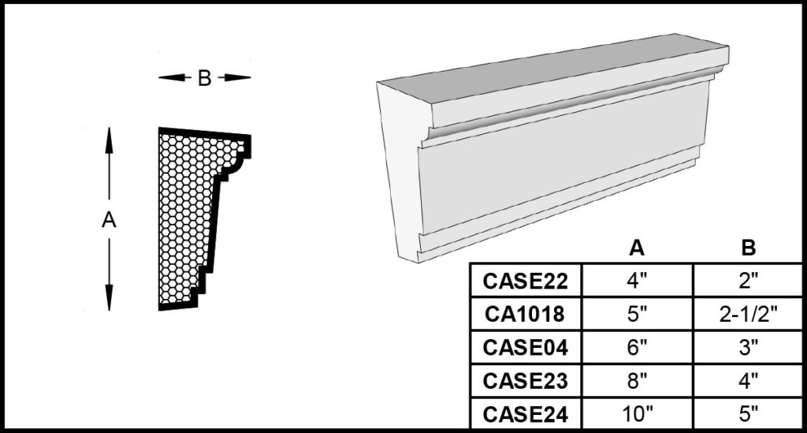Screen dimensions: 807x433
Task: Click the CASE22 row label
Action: click(x=526, y=281)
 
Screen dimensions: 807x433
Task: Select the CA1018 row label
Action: click(x=525, y=314)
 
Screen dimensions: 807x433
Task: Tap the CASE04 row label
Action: click(x=526, y=348)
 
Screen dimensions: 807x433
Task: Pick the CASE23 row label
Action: click(x=526, y=381)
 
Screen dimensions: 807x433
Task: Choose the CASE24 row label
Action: click(x=526, y=414)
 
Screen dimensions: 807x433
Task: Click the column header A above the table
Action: click(x=637, y=248)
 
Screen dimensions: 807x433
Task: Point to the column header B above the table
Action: click(x=749, y=248)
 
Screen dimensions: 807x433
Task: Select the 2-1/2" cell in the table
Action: click(x=748, y=314)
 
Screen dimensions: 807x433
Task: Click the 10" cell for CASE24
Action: click(x=637, y=414)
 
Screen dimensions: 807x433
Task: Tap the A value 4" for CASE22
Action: click(x=637, y=281)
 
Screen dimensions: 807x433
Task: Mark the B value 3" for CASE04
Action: click(x=749, y=348)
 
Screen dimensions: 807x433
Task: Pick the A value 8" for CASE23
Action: click(x=637, y=381)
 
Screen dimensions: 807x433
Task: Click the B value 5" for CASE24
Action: click(x=749, y=414)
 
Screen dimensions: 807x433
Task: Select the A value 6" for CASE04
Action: click(x=637, y=348)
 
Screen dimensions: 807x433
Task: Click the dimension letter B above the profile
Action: click(x=204, y=78)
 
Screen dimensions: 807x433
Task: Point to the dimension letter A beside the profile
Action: click(x=109, y=220)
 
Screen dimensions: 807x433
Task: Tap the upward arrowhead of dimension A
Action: click(x=109, y=140)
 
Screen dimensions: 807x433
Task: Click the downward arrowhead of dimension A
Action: click(x=109, y=298)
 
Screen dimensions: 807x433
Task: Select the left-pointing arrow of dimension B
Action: click(x=172, y=78)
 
